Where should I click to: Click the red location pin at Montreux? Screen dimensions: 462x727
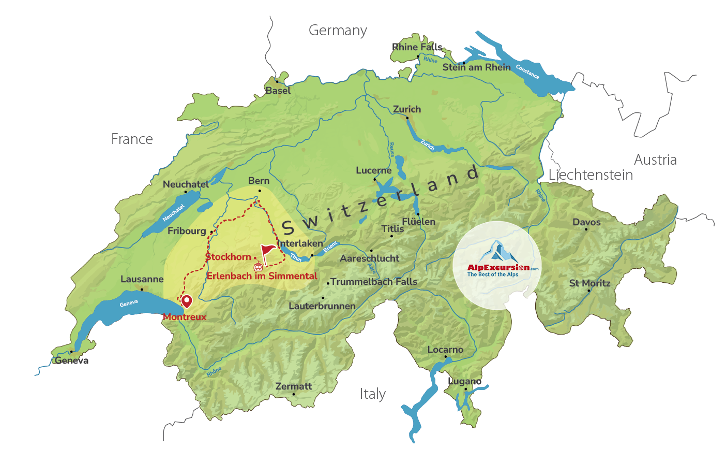186,301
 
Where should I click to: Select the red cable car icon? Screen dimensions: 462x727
258,267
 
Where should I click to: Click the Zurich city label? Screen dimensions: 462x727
407,109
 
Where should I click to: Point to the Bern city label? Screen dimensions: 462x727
259,181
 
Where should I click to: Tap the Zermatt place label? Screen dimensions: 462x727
294,386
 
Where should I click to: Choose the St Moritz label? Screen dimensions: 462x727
589,283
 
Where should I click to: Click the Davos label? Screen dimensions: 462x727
586,222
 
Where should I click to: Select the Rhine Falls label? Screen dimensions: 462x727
417,47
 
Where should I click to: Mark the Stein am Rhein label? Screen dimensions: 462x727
476,67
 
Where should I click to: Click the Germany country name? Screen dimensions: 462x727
338,31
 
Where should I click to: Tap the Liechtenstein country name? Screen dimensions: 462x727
590,175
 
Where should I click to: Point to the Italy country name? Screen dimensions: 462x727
372,394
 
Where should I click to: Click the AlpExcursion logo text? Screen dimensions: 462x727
498,268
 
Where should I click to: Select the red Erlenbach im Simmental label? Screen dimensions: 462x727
262,276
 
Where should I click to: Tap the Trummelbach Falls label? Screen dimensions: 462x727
373,282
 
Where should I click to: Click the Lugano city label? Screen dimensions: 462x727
464,381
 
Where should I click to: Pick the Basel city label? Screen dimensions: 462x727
278,91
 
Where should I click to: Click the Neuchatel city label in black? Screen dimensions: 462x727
186,184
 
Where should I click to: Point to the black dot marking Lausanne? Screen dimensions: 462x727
142,289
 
